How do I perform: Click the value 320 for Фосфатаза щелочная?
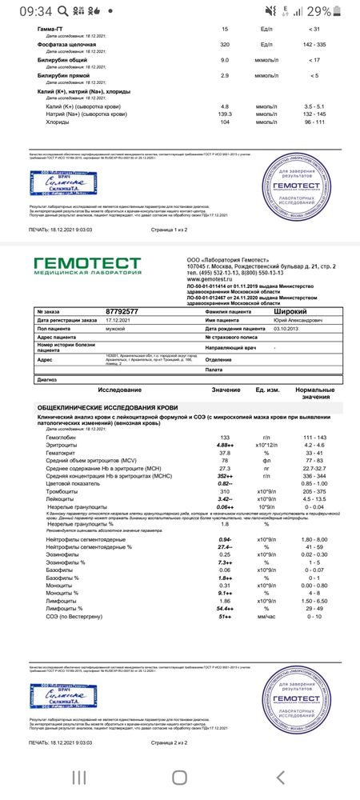point(225,46)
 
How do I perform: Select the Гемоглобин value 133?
point(225,437)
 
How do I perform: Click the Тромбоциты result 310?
point(225,490)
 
